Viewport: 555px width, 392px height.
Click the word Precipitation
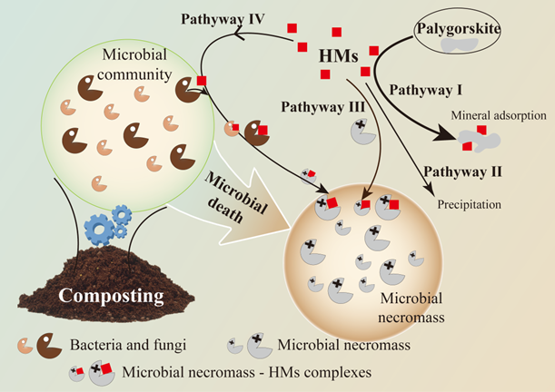pyautogui.click(x=470, y=204)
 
